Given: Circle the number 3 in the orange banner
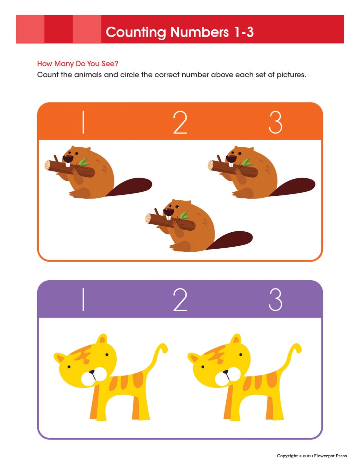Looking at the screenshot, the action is (275, 122).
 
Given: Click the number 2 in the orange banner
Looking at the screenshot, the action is (180, 122).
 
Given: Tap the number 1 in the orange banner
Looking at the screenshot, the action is (83, 122).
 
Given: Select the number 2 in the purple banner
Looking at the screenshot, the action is (180, 300).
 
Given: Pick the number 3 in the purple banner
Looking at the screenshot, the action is (275, 300).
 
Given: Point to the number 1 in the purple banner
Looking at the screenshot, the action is (83, 300).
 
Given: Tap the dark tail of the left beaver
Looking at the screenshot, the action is (130, 187).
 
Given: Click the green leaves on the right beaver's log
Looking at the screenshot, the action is (247, 162).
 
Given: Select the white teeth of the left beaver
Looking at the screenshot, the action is (68, 165).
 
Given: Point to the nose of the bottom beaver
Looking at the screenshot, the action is (169, 212).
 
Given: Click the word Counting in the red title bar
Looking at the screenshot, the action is (136, 32).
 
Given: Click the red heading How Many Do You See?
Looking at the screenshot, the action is (78, 64).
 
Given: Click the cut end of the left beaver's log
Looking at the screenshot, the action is (48, 165).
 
